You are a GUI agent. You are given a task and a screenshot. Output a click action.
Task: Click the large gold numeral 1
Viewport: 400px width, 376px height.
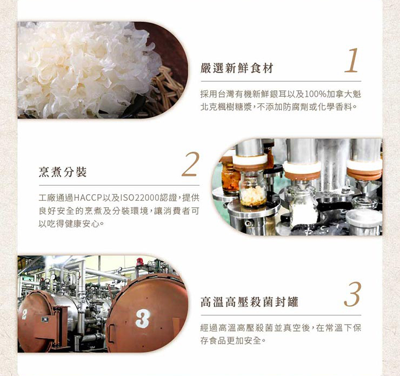click(352, 60)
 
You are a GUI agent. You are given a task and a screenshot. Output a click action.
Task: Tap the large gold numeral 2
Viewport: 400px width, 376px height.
click(190, 164)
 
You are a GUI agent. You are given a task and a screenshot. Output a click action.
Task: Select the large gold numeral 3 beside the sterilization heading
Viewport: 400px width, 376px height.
click(352, 294)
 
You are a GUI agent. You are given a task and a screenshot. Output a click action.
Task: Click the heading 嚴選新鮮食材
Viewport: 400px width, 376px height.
click(237, 68)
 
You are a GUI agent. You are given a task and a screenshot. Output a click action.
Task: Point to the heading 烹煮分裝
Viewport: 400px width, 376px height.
click(63, 172)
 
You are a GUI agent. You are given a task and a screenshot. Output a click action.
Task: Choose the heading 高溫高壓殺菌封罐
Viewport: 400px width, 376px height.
click(249, 302)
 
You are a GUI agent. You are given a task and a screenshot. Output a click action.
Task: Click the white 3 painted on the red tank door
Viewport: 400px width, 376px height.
click(142, 318)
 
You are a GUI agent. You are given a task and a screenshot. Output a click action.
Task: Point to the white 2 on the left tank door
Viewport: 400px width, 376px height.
click(24, 314)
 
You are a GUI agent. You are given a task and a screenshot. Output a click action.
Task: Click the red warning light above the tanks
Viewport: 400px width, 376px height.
click(139, 262)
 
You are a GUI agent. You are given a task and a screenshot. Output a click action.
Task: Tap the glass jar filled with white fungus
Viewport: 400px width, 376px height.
click(252, 189)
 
